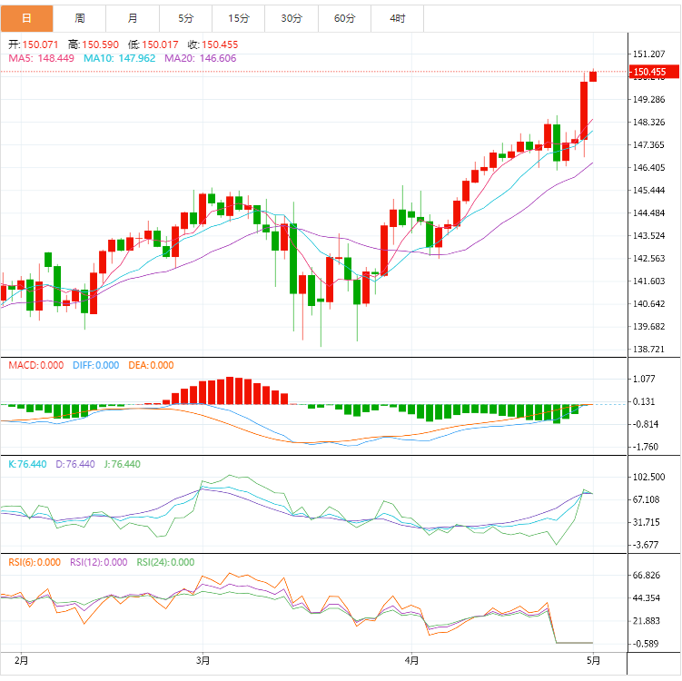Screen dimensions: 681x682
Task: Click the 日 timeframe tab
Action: (x=26, y=18)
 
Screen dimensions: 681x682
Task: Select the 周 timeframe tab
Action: (x=80, y=18)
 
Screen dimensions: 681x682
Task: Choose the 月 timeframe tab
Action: (x=133, y=18)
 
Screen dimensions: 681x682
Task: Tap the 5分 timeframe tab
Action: (x=186, y=18)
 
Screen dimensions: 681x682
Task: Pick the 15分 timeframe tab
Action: (x=239, y=18)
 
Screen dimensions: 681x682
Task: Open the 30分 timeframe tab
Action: (x=292, y=18)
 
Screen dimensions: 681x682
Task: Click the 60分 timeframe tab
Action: (x=344, y=18)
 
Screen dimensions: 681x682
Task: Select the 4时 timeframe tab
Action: (x=398, y=18)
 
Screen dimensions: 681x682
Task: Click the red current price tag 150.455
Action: (x=649, y=72)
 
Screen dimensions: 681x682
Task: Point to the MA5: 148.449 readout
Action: (x=42, y=58)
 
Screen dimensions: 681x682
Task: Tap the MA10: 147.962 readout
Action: (x=119, y=58)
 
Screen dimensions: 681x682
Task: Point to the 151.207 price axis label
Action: (x=649, y=54)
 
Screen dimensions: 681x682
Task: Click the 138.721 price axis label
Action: (x=649, y=350)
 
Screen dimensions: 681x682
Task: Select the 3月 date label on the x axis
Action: (x=203, y=659)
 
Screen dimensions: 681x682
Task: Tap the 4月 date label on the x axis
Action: (x=411, y=659)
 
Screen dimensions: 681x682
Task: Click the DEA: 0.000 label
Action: (x=149, y=365)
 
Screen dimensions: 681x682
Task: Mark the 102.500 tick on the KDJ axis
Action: (x=649, y=477)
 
